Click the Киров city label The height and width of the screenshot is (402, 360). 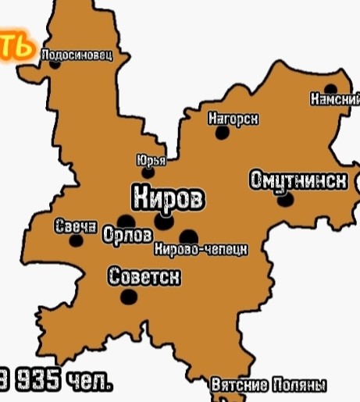(x=168, y=198)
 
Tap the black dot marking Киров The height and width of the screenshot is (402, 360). (x=163, y=222)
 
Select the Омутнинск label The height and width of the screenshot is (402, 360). (x=298, y=180)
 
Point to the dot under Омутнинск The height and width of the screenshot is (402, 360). (x=286, y=200)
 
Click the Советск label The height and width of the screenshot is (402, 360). (x=144, y=276)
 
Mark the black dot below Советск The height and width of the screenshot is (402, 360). (x=130, y=297)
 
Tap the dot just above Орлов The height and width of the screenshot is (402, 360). (x=126, y=222)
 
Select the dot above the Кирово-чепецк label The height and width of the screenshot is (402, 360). (x=188, y=237)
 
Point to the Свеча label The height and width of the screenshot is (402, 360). (x=76, y=227)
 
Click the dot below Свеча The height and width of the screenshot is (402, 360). (x=76, y=240)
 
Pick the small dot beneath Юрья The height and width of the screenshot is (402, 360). (x=148, y=173)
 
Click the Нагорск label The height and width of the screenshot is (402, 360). (x=233, y=119)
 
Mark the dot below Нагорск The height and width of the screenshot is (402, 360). (x=223, y=133)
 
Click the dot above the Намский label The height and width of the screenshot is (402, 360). (x=330, y=89)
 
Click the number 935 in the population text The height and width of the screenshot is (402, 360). (x=35, y=381)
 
